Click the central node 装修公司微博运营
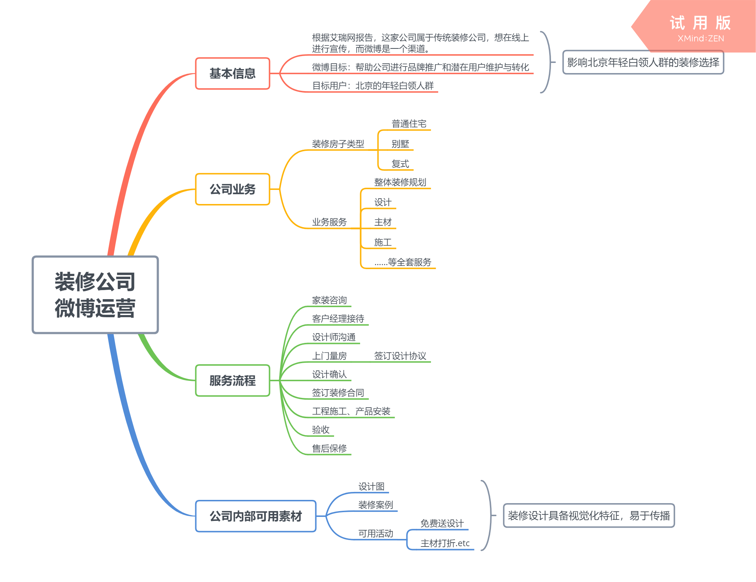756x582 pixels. [x=95, y=294]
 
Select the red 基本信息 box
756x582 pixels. [x=232, y=73]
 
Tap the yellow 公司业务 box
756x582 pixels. [x=232, y=189]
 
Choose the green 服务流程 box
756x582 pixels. [x=232, y=381]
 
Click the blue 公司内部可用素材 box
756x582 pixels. [x=256, y=516]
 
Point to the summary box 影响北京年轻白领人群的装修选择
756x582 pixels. [x=643, y=62]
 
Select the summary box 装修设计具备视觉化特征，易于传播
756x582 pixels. [x=589, y=515]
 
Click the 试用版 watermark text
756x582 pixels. [x=700, y=23]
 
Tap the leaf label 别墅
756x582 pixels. [x=400, y=144]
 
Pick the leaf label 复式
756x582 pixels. [x=400, y=164]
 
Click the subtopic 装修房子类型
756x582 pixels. [x=338, y=144]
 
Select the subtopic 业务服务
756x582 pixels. [x=329, y=222]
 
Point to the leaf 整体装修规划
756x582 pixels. [x=400, y=182]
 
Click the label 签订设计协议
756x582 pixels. [x=400, y=356]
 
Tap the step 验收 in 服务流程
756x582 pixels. [x=321, y=430]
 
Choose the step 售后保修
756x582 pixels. [x=329, y=449]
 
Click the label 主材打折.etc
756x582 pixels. [x=445, y=543]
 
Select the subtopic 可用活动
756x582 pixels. [x=376, y=534]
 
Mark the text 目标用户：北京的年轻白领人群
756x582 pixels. [x=373, y=86]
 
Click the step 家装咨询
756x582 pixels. [x=329, y=300]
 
